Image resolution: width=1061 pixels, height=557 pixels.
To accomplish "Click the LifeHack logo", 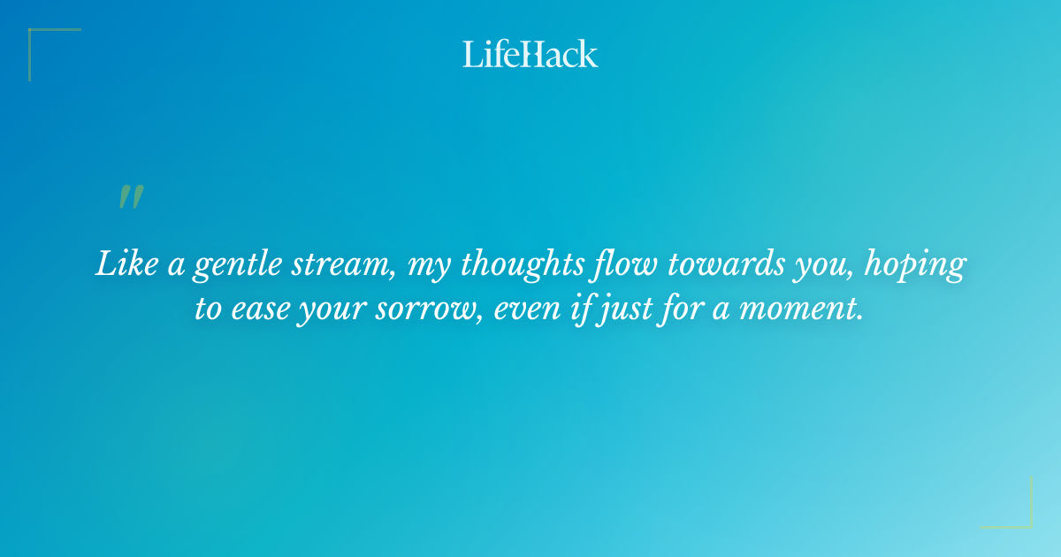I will point(530,54).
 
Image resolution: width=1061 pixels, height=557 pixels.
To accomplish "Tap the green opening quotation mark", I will point(131,197).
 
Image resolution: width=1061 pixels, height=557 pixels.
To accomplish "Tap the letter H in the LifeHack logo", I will point(529,54).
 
